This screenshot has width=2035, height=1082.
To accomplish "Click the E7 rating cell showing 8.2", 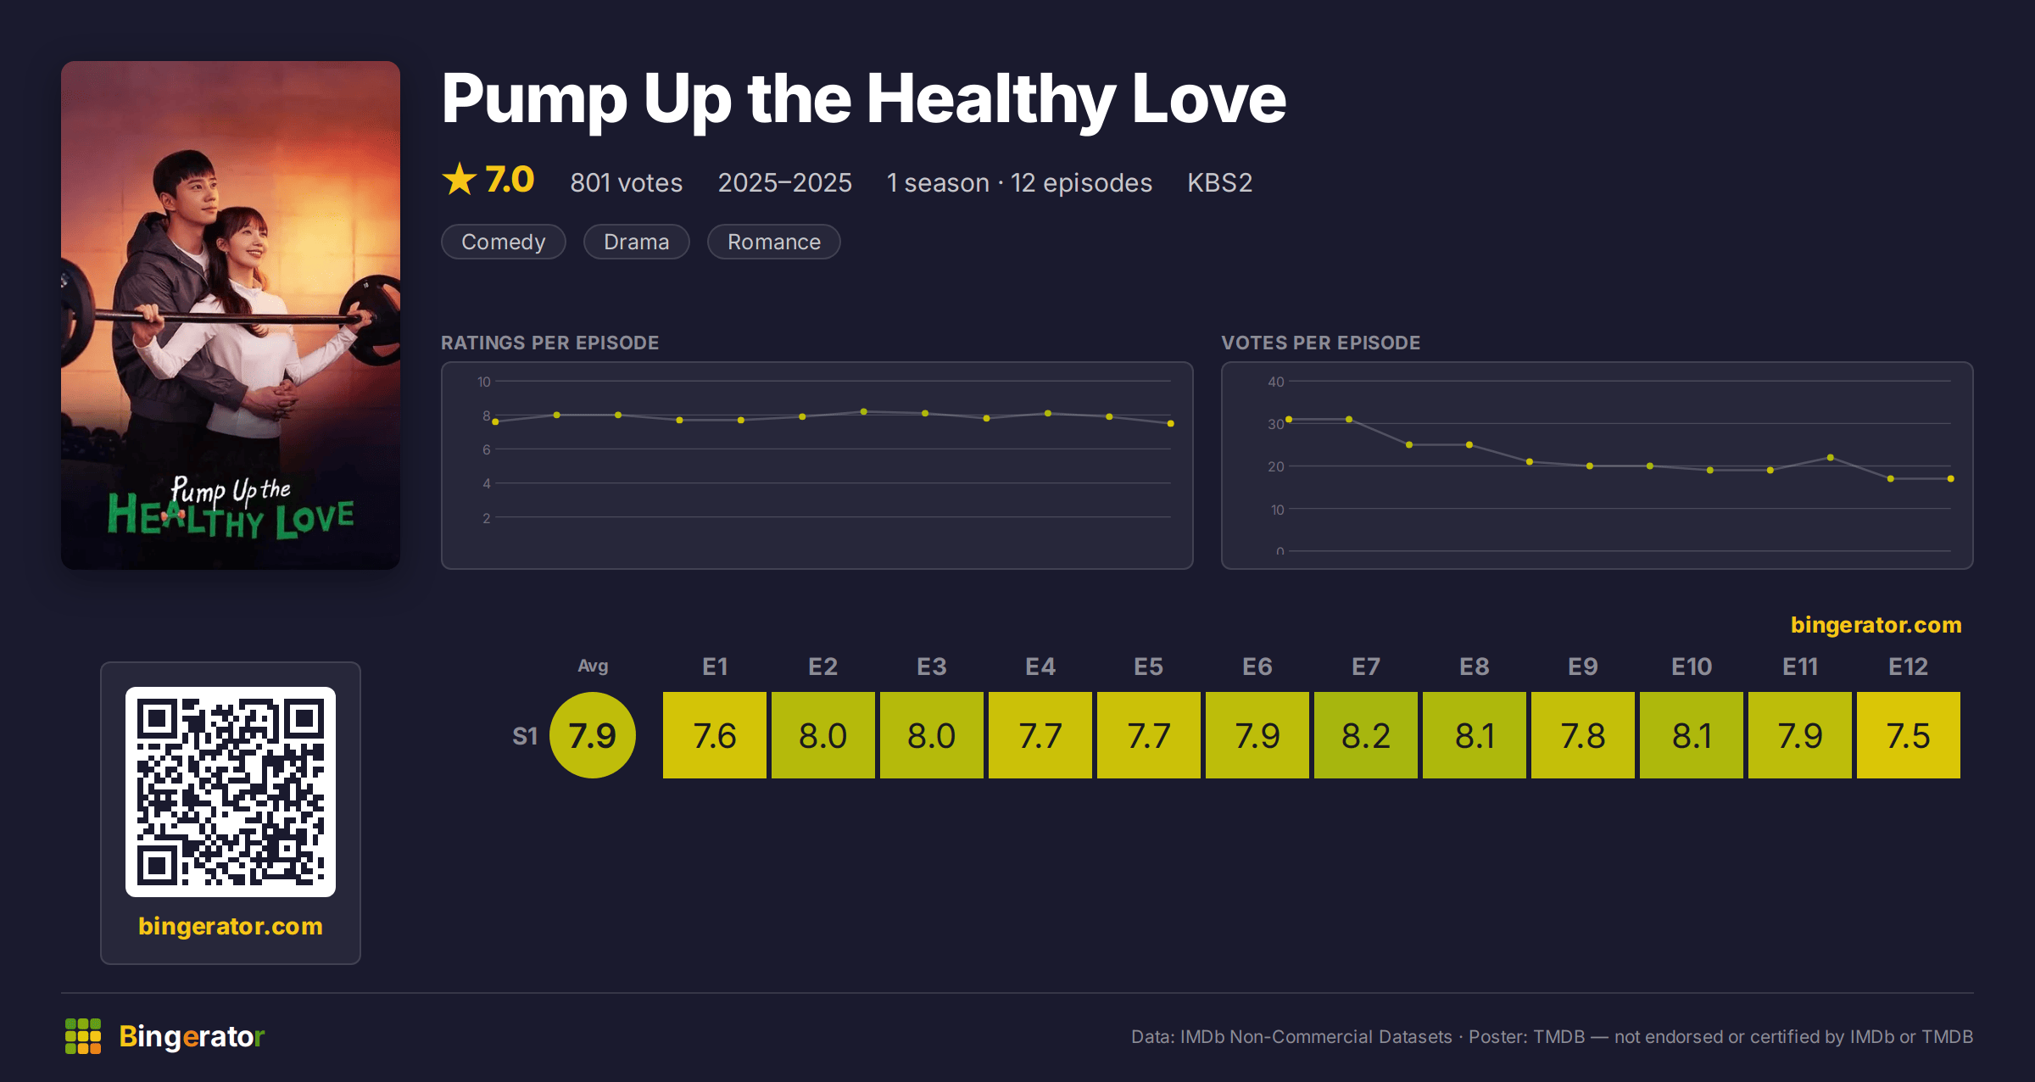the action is click(x=1365, y=735).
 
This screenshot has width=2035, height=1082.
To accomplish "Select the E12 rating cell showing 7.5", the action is click(x=1908, y=735).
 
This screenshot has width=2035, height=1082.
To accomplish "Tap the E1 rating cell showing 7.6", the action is click(x=714, y=735).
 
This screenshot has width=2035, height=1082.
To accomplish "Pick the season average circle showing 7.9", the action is click(x=593, y=735).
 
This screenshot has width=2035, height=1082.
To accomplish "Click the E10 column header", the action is click(x=1691, y=666).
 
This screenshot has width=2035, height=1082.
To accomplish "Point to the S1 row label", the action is click(x=525, y=736).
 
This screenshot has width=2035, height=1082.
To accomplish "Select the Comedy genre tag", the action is click(x=504, y=242).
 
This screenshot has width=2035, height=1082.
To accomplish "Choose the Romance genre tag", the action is click(x=774, y=242).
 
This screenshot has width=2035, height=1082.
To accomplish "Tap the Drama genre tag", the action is click(x=637, y=242).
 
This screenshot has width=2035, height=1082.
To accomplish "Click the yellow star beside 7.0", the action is click(x=460, y=179).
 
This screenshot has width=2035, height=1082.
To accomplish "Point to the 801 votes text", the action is click(x=627, y=182).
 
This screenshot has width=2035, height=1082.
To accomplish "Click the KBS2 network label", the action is click(x=1219, y=182).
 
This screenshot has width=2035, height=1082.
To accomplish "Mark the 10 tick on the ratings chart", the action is click(x=483, y=382).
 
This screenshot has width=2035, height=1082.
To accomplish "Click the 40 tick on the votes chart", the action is click(x=1276, y=382).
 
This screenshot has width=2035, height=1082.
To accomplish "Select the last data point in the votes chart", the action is click(x=1951, y=479).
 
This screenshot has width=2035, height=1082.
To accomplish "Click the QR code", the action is click(x=231, y=792).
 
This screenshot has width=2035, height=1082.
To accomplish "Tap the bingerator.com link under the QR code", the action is click(x=231, y=926).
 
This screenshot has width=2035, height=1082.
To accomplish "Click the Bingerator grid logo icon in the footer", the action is click(x=83, y=1036).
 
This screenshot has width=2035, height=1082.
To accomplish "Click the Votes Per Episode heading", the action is click(x=1320, y=343).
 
